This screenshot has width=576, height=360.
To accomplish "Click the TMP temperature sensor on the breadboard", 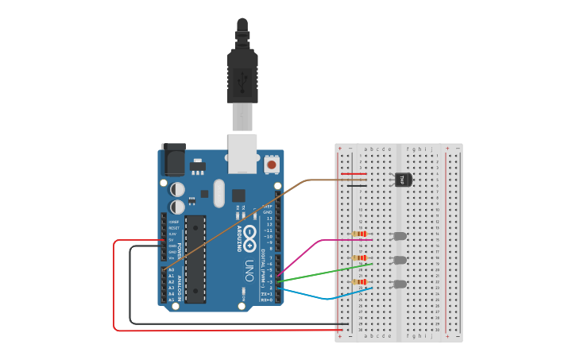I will point(403,180).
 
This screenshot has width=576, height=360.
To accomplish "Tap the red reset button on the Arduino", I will point(272,165).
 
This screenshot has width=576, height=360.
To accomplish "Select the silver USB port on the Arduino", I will point(242,153).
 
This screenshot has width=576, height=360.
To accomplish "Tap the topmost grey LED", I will point(400,236).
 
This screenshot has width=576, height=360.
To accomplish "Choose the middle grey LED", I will point(400,260).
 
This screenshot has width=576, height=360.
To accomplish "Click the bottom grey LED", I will point(400,284).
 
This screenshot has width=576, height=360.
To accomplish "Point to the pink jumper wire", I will point(306,250).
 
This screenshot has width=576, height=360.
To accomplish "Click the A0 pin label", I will point(171,271).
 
